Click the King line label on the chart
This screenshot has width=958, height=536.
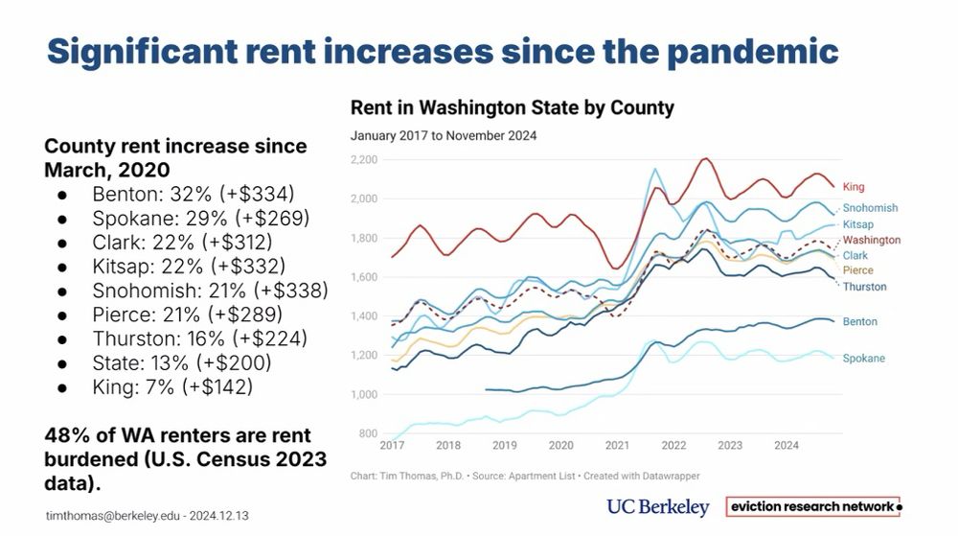[854, 186]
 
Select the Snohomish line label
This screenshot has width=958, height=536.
[870, 208]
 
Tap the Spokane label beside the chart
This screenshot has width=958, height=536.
[863, 359]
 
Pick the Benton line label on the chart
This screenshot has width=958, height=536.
[859, 322]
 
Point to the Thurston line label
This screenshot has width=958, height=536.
[864, 287]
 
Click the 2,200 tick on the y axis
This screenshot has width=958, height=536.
[364, 159]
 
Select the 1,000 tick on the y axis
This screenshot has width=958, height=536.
[364, 394]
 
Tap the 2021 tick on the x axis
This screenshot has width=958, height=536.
[617, 446]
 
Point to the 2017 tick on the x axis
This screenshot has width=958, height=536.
[392, 446]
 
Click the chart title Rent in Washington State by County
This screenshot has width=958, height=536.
[512, 107]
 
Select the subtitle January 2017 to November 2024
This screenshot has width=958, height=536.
[443, 136]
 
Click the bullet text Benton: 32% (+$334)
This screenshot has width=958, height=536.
[193, 194]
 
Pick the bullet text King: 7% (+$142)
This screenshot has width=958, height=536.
[172, 386]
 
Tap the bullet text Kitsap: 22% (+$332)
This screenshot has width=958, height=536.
[189, 266]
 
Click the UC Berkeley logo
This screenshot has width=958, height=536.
[657, 507]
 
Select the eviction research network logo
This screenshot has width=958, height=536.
[813, 506]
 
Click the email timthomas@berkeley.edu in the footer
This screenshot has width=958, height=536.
[106, 516]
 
